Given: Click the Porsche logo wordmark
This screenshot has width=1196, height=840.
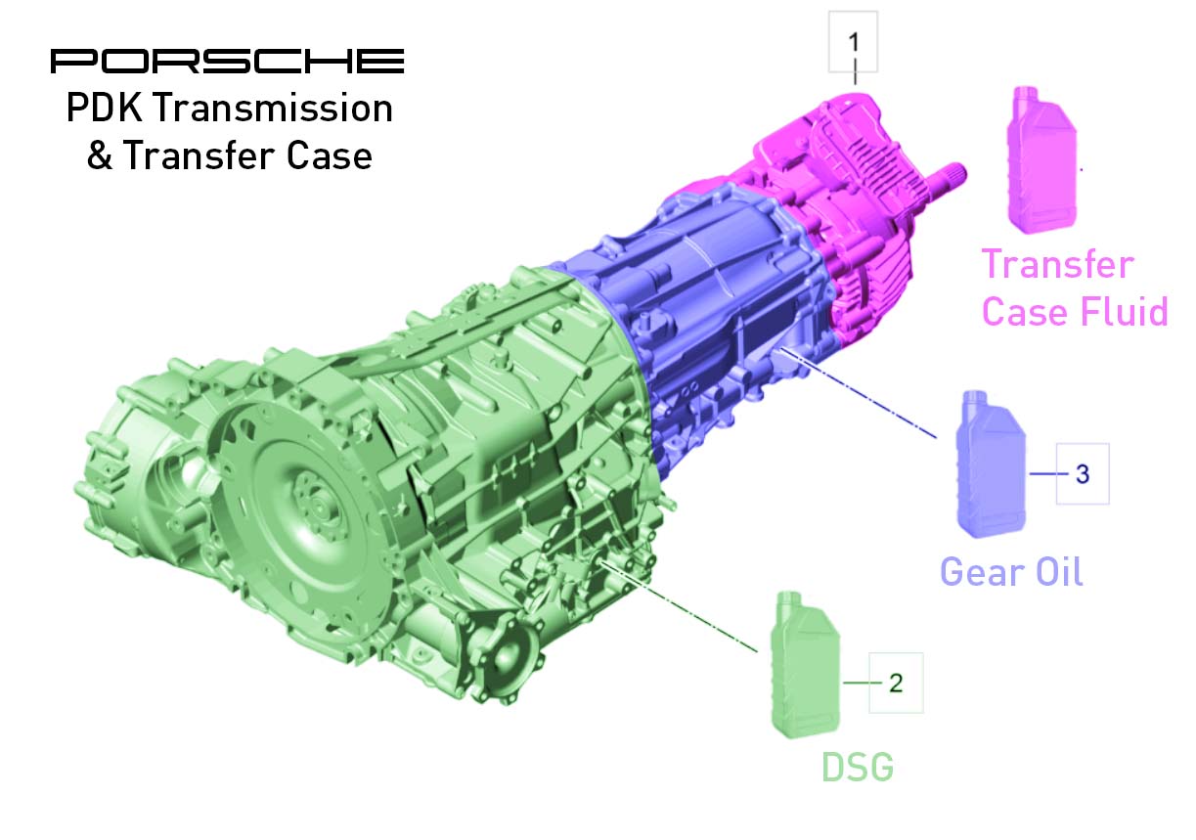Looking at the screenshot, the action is (227, 61).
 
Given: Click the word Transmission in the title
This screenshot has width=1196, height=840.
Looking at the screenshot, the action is (274, 108).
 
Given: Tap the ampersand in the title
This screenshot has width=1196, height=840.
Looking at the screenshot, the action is (100, 155).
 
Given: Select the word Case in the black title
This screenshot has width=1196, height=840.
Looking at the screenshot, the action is (330, 155).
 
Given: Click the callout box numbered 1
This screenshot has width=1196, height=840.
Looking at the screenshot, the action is (853, 42).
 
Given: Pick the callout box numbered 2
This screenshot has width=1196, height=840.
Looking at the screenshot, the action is (896, 683).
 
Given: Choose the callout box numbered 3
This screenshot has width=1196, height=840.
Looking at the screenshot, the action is (1083, 473).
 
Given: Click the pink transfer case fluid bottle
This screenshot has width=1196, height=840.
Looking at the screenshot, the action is (1041, 160).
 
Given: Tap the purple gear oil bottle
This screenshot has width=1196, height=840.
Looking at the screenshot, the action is (991, 464).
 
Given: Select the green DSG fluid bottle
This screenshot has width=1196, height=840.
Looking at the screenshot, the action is (805, 665).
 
